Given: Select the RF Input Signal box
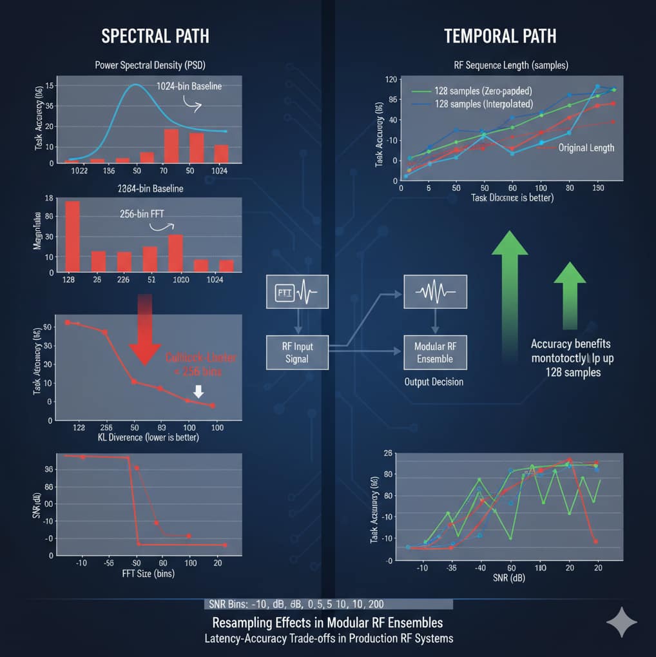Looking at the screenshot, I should coord(298,352).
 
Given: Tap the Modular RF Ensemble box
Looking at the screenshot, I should coord(434,352).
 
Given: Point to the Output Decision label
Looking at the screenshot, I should coord(434,382).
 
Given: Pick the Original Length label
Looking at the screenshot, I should coord(586,148).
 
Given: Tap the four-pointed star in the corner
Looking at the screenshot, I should coord(621,622).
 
